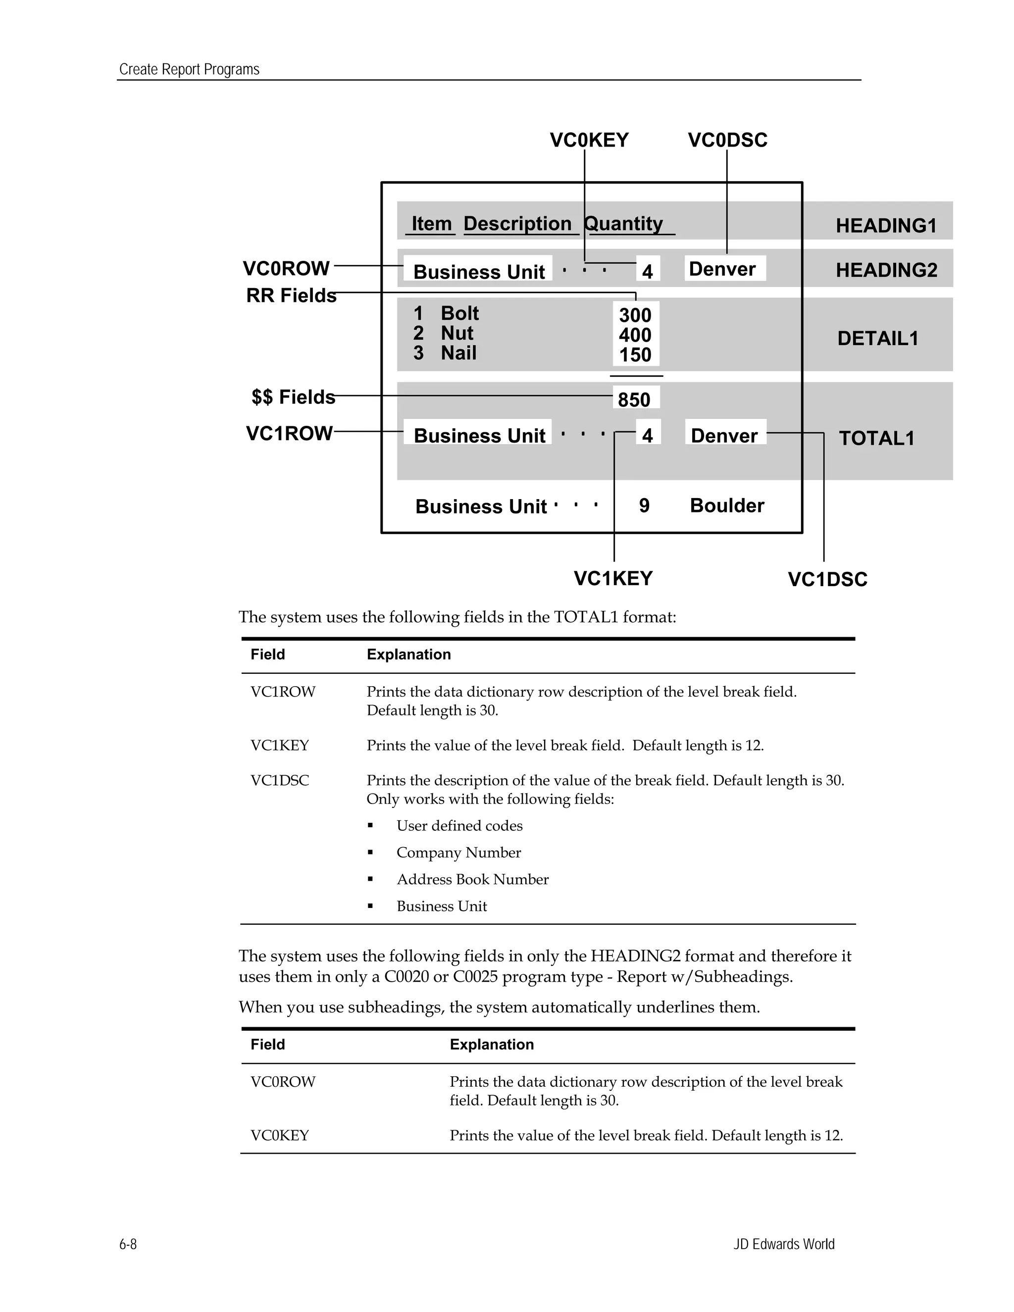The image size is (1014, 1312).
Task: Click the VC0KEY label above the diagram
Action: (x=589, y=140)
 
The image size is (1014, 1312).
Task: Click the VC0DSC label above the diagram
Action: (x=727, y=140)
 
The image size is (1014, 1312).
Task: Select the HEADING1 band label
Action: (x=886, y=226)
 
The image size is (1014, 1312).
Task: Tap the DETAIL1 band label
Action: (x=878, y=339)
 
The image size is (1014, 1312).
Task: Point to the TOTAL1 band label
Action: (x=876, y=439)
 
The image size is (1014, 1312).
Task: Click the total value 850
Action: (x=634, y=400)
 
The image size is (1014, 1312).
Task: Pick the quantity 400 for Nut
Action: (x=635, y=335)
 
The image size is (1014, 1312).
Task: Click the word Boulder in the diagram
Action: (x=727, y=506)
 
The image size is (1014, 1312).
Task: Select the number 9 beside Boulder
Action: (x=644, y=506)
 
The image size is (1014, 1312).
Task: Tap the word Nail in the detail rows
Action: (x=458, y=353)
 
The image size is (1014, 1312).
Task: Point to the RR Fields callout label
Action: (x=291, y=296)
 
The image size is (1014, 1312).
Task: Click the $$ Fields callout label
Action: (x=293, y=397)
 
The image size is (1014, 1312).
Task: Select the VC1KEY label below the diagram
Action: (x=613, y=578)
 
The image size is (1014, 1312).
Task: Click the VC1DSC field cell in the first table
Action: (x=280, y=780)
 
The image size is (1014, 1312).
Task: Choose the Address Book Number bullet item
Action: (x=472, y=879)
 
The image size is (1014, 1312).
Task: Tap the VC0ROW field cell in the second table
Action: (x=283, y=1082)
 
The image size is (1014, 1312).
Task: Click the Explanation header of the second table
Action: (x=491, y=1045)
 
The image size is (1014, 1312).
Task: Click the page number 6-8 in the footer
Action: (x=128, y=1244)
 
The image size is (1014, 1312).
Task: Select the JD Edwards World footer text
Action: (x=783, y=1244)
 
